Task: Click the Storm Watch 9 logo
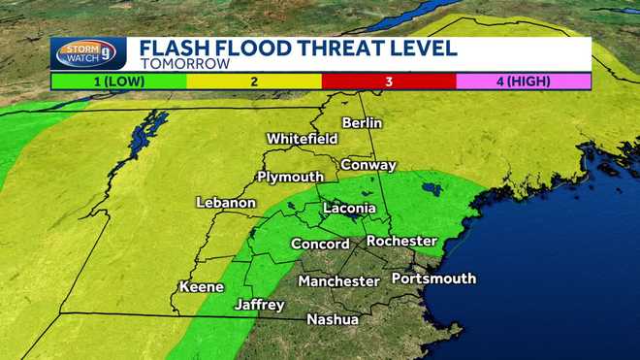(x=88, y=53)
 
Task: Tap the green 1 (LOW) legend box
(x=118, y=81)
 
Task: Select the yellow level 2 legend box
(x=254, y=81)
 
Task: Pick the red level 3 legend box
(x=389, y=81)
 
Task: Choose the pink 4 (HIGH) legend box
(x=524, y=81)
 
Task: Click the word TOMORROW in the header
(x=184, y=64)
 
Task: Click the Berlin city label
(x=362, y=123)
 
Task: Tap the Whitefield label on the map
(x=302, y=139)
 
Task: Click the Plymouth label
(x=290, y=177)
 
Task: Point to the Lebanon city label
(x=226, y=203)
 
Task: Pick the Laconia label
(x=348, y=208)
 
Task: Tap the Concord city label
(x=320, y=244)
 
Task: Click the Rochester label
(x=401, y=241)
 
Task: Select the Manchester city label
(x=338, y=281)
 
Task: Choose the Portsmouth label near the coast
(x=433, y=278)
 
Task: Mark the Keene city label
(x=202, y=287)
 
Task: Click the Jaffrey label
(x=259, y=305)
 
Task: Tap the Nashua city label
(x=333, y=319)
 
